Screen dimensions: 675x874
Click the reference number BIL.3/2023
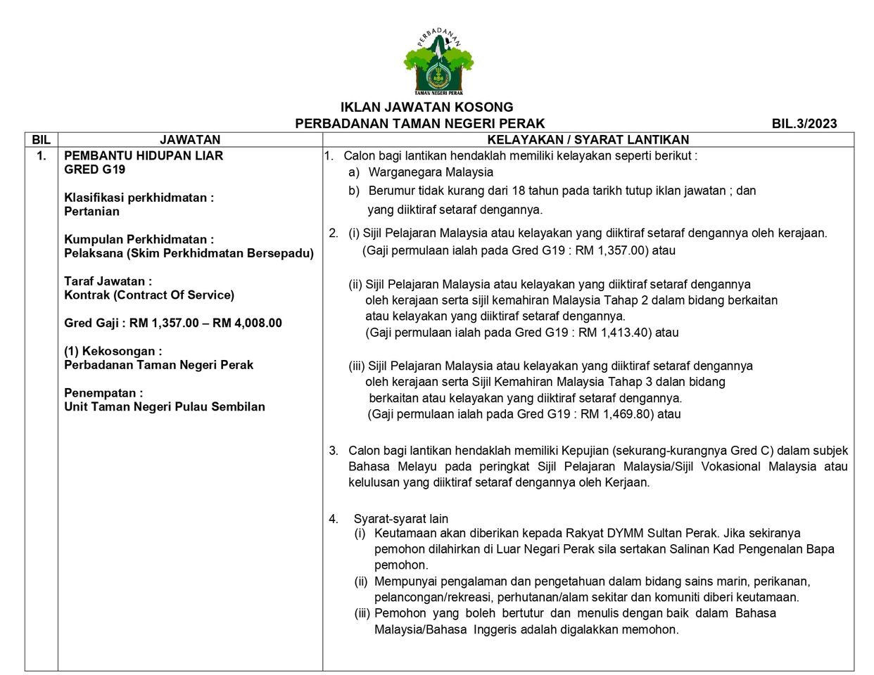[x=804, y=124]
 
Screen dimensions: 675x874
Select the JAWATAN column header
[x=190, y=140]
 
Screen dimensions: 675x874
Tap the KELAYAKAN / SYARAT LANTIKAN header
[x=588, y=140]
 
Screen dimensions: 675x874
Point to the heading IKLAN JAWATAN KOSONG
[x=426, y=108]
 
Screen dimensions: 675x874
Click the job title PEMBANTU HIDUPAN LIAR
[x=144, y=155]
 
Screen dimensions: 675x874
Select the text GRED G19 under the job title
[x=94, y=169]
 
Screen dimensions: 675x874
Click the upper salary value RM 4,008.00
[x=247, y=323]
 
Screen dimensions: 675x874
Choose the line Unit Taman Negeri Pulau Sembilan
[x=165, y=406]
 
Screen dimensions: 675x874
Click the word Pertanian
[x=91, y=212]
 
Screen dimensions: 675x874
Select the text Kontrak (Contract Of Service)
[x=149, y=295]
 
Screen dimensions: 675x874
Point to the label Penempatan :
[x=103, y=393]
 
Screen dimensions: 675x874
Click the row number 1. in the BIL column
[x=42, y=155]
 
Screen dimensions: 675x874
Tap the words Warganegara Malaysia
[x=431, y=172]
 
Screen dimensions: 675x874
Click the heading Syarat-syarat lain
[x=400, y=519]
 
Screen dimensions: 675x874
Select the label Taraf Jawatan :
[x=108, y=281]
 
